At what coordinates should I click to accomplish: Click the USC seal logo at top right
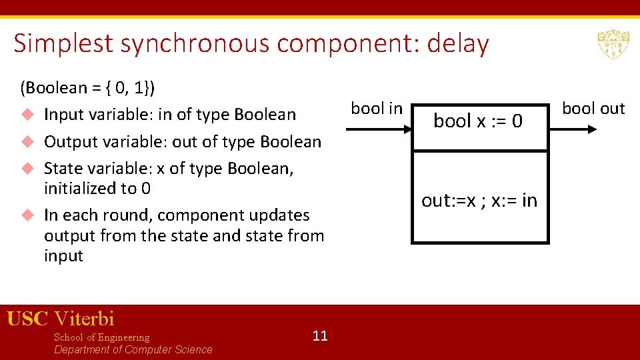point(609,44)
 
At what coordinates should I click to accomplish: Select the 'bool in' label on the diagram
point(377,109)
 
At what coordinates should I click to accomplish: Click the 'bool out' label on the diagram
point(593,109)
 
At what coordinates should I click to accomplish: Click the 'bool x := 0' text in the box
point(478,121)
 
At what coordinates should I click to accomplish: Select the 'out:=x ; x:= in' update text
point(479,201)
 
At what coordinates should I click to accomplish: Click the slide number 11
point(320,335)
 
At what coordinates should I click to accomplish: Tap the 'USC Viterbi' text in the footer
point(61,319)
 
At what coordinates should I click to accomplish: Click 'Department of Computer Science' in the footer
point(133,350)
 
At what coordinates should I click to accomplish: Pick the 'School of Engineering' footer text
point(101,337)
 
